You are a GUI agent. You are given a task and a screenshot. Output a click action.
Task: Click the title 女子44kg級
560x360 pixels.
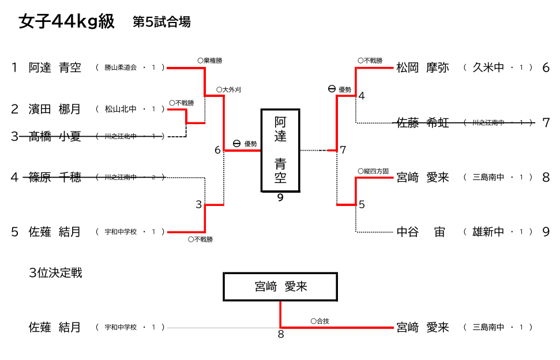[x=66, y=22]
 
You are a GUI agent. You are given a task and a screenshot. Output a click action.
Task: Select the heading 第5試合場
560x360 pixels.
[x=161, y=22]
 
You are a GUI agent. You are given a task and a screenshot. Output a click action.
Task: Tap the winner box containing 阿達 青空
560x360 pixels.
[x=280, y=150]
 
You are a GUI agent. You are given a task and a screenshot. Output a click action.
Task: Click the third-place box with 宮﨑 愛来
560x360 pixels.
[x=280, y=287]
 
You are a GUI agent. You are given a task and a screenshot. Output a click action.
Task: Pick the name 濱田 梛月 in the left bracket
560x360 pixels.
[x=55, y=108]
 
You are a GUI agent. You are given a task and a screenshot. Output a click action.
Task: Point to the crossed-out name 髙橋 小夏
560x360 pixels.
[x=55, y=136]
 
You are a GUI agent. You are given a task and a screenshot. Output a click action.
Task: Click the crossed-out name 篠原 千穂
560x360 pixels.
[x=55, y=177]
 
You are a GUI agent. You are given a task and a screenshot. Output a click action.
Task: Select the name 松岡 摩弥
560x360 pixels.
[x=423, y=67]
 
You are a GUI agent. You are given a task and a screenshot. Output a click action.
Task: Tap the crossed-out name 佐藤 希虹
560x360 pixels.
[x=423, y=122]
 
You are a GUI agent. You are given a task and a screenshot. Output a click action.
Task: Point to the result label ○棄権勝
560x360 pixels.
[x=209, y=60]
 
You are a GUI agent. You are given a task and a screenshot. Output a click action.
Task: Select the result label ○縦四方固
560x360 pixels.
[x=373, y=171]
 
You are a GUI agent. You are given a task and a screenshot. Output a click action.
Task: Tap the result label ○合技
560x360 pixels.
[x=320, y=321]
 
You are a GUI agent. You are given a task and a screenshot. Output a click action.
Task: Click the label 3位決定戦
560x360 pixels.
[x=55, y=272]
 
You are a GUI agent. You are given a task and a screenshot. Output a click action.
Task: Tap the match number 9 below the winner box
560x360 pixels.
[x=280, y=198]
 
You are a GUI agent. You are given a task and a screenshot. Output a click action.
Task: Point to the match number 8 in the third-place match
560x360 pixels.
[x=281, y=334]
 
